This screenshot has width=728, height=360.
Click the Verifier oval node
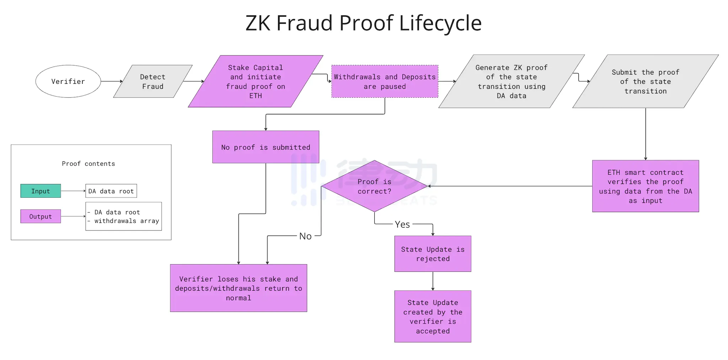68,81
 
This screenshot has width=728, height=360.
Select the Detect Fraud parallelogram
152,81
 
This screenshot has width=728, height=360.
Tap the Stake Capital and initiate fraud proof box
255,81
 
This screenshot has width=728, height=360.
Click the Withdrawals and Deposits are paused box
385,81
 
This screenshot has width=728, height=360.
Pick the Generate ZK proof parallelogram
511,81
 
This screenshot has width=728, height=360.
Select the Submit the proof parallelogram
645,81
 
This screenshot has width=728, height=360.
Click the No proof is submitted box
266,147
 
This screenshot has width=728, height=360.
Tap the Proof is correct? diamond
374,186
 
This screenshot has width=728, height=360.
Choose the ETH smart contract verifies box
645,186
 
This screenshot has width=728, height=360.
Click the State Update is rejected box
433,254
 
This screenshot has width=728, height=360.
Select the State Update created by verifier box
433,316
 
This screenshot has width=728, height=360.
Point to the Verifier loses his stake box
238,288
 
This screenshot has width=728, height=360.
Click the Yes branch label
402,224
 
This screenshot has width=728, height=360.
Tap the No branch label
305,236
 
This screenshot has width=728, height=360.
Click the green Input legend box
41,191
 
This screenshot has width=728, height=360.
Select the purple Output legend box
41,216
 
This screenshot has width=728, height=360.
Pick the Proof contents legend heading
88,163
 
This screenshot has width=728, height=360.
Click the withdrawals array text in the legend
127,221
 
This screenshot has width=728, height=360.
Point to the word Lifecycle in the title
440,23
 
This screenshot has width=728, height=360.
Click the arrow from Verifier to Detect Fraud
112,81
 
